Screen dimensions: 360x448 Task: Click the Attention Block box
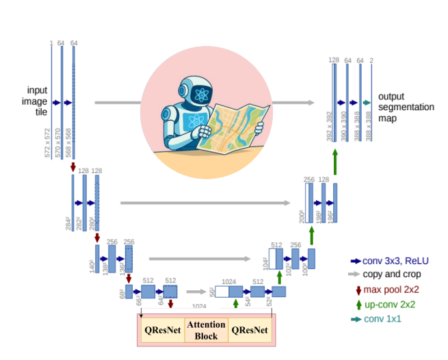tap(201, 331)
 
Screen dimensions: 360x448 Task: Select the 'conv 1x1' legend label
tap(383, 318)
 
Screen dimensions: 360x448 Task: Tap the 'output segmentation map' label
tap(406, 107)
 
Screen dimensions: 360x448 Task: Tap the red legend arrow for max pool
tap(358, 290)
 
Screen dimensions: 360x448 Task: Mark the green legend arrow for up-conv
tap(358, 304)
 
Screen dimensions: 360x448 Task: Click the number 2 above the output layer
tap(371, 60)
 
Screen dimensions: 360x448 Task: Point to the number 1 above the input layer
tap(51, 43)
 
